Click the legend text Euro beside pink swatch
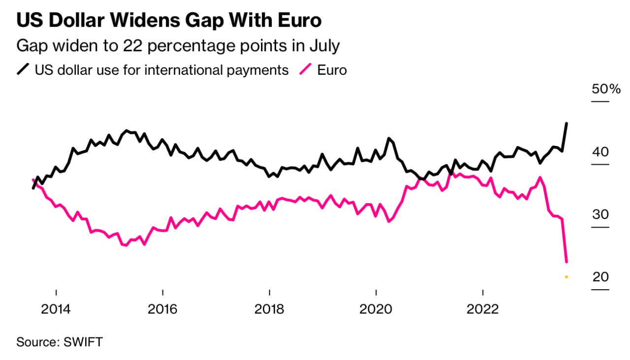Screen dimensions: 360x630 point(332,70)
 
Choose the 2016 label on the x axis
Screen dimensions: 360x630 point(163,309)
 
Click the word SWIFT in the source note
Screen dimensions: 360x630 point(83,342)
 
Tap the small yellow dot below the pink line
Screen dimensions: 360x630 point(567,277)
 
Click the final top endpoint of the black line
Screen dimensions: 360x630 point(567,123)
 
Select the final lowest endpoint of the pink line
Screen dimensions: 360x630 point(567,262)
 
